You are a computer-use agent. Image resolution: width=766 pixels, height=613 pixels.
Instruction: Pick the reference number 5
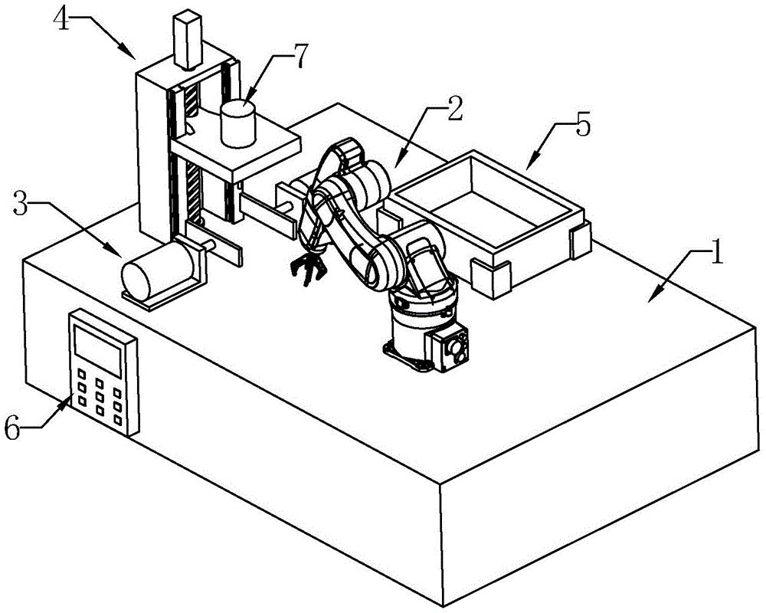tap(583, 126)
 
